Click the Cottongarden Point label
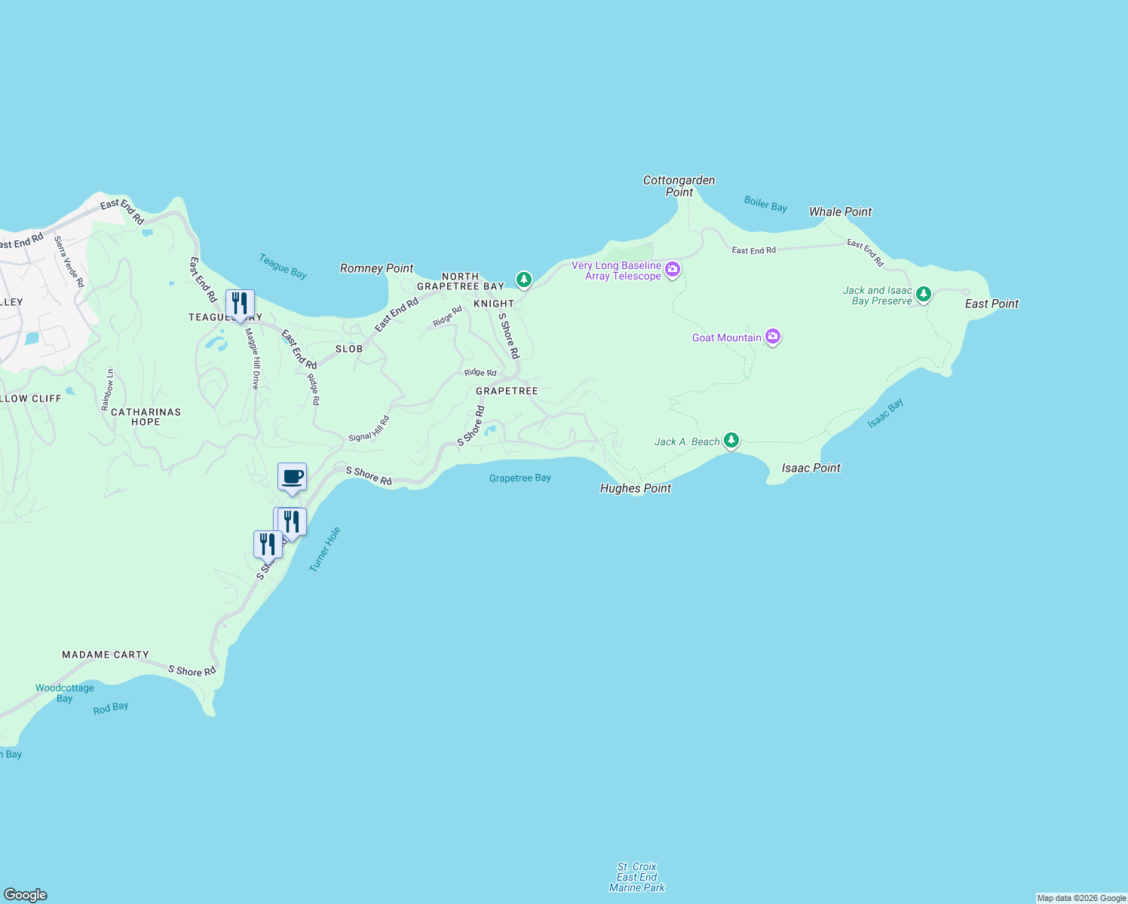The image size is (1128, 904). [679, 186]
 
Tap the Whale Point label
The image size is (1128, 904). [840, 212]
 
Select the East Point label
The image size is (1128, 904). [992, 304]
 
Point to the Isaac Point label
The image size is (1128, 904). [811, 468]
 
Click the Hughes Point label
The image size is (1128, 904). [635, 488]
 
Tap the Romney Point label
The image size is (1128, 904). [376, 268]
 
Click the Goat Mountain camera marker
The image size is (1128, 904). [773, 337]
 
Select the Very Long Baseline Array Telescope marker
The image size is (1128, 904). [673, 269]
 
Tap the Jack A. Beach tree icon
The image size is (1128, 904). [731, 440]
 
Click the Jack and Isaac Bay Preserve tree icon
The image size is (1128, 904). [924, 294]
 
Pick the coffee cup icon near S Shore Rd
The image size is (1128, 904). [292, 477]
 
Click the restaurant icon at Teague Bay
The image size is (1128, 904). [240, 304]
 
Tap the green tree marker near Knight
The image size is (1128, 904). [524, 279]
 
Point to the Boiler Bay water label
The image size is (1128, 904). [765, 204]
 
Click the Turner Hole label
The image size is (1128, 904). [325, 549]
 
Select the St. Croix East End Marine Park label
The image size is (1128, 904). [637, 877]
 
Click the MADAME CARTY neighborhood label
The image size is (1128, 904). [106, 655]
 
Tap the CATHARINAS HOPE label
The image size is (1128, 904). [146, 417]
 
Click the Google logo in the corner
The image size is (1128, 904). [26, 894]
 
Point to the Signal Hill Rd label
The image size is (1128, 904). [369, 429]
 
